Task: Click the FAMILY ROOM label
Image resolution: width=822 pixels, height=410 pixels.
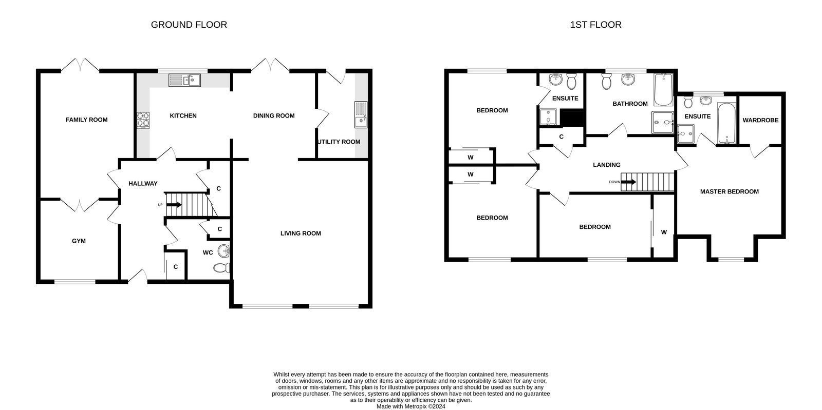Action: (86, 120)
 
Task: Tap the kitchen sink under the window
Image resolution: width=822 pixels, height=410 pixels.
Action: (184, 81)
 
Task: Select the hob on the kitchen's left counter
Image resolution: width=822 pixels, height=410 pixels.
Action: (142, 120)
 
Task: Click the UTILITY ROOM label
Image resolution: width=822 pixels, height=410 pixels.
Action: (339, 142)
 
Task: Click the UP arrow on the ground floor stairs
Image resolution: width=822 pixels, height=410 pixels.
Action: (174, 205)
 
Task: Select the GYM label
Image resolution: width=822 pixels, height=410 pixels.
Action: (79, 241)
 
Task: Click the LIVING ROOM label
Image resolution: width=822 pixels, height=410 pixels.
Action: (301, 233)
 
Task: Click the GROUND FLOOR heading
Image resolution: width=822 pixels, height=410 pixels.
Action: (189, 25)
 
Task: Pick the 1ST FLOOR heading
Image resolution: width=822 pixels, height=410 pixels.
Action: (595, 25)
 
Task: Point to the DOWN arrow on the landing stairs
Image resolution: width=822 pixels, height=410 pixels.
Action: (628, 182)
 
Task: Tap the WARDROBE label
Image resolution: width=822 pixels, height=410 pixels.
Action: (760, 120)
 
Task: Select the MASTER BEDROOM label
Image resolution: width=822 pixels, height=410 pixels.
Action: (729, 191)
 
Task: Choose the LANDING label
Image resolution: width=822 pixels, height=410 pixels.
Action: (607, 165)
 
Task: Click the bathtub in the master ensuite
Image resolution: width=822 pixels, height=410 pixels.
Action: (726, 124)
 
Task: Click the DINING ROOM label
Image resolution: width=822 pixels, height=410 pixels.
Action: (274, 115)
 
